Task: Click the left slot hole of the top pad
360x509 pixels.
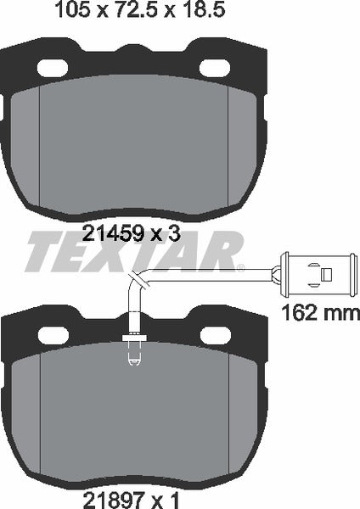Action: click(x=56, y=68)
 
